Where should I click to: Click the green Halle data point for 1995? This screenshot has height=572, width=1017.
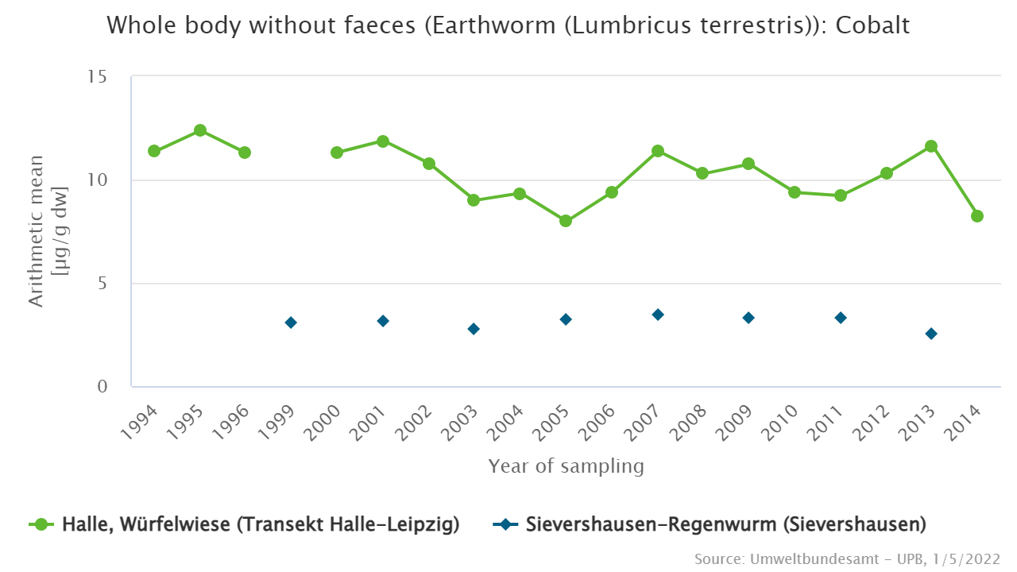click(x=200, y=130)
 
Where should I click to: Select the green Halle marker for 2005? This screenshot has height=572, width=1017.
click(x=566, y=221)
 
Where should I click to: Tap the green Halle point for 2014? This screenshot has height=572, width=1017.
click(x=977, y=216)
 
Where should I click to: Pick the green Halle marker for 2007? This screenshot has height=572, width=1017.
click(x=658, y=151)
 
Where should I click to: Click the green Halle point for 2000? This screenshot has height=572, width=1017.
click(x=337, y=153)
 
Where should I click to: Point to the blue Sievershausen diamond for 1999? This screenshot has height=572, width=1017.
click(x=291, y=323)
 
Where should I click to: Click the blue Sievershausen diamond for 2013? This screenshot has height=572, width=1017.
click(x=931, y=334)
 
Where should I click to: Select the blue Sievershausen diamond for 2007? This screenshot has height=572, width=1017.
click(x=658, y=315)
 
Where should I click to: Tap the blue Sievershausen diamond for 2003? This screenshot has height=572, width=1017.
click(x=474, y=329)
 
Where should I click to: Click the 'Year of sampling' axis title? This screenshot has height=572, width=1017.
click(x=566, y=466)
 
